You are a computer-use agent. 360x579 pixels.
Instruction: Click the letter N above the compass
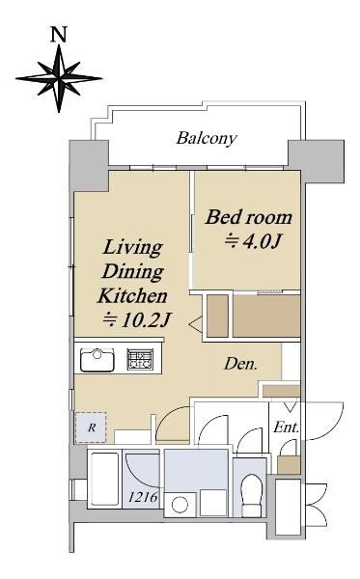(58, 34)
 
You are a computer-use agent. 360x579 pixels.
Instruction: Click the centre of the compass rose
(59, 78)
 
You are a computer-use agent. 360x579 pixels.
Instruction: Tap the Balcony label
(207, 138)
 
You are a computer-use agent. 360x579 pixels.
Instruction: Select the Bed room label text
(249, 217)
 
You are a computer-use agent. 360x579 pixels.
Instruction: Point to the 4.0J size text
(254, 241)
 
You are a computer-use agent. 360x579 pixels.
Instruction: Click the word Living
(132, 248)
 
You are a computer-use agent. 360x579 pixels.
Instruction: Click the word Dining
(133, 272)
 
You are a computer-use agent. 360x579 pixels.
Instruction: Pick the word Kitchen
(132, 296)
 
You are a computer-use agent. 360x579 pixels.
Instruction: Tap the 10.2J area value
(137, 320)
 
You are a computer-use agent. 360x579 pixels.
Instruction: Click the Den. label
(240, 365)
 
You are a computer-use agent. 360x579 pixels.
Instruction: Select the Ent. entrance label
(286, 427)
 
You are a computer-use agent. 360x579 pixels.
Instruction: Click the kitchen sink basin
(97, 360)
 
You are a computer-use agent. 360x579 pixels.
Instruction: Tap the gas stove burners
(140, 359)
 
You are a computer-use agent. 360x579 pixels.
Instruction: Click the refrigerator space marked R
(91, 427)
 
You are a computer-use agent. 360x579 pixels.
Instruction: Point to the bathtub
(105, 479)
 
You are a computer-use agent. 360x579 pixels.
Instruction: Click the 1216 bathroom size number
(143, 497)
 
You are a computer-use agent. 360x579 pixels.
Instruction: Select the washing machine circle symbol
(180, 505)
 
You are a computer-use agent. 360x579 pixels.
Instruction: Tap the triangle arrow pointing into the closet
(195, 324)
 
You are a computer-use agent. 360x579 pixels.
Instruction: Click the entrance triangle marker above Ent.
(291, 407)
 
